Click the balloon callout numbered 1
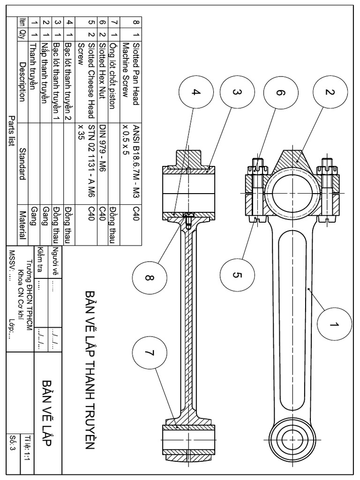point(335,324)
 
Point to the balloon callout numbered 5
point(237,275)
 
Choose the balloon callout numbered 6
point(280,92)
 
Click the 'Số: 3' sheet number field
point(12,443)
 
